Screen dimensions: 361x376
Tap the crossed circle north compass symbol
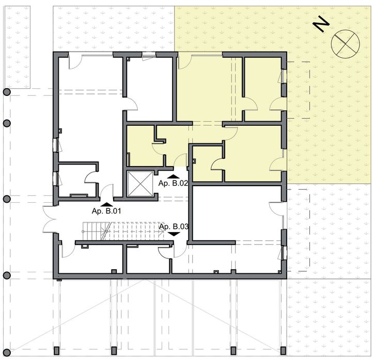(344, 42)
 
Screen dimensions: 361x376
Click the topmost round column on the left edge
(7, 92)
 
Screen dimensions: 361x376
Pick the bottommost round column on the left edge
(7, 275)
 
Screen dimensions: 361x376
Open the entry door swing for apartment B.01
(107, 192)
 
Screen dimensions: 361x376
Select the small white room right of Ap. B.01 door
(77, 180)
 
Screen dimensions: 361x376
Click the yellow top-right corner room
(262, 88)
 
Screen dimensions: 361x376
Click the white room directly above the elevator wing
(150, 88)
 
